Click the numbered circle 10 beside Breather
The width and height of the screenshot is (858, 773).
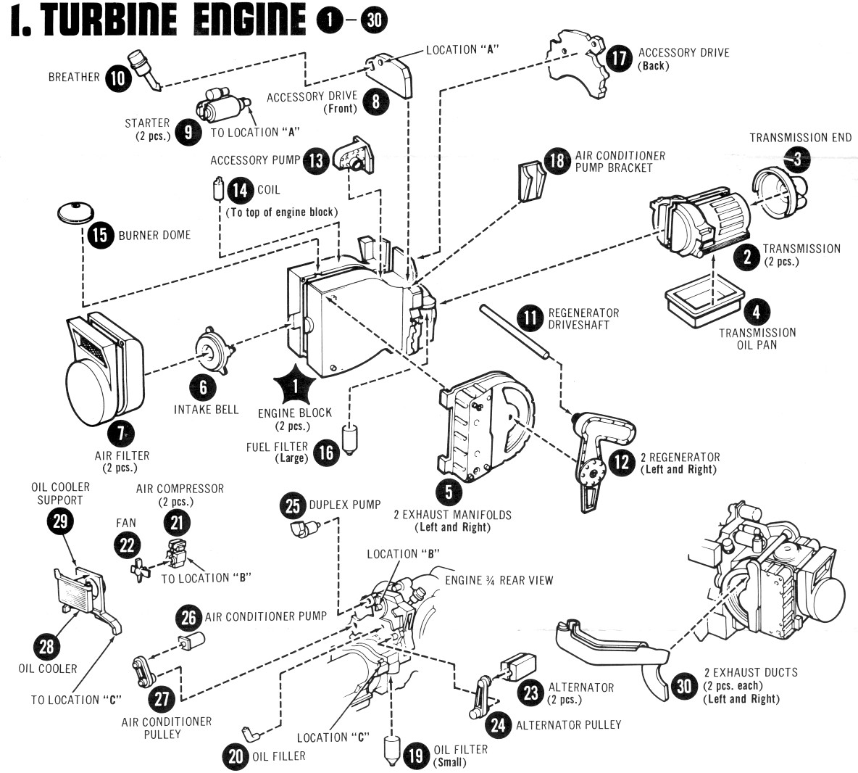(x=118, y=77)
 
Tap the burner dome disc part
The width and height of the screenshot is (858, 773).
(x=77, y=212)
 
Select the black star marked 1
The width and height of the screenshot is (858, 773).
(x=295, y=386)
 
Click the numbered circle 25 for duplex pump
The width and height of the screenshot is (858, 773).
(x=292, y=505)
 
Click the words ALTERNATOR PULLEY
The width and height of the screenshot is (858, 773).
(x=568, y=724)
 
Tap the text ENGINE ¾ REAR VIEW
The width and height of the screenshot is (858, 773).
(x=499, y=579)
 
